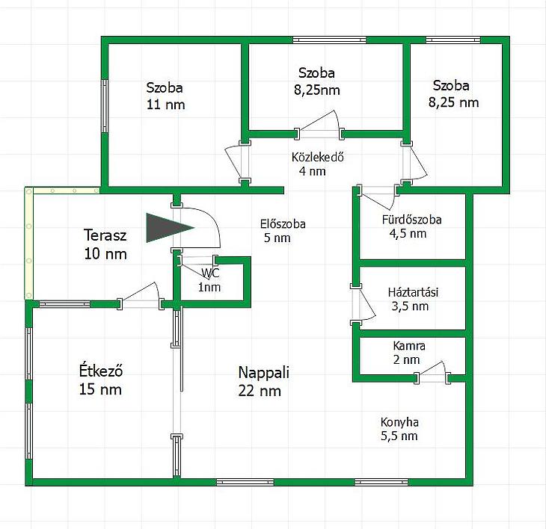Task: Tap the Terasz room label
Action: [x=105, y=235]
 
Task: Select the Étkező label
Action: [x=101, y=371]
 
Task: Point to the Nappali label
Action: [x=263, y=373]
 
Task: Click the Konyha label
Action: [x=399, y=422]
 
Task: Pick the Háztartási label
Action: [x=413, y=292]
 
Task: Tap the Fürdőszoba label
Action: [x=411, y=220]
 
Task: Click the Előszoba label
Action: [x=283, y=224]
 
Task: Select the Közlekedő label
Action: [x=318, y=157]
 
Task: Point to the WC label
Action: [x=210, y=273]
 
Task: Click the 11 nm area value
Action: [x=165, y=105]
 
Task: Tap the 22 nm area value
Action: [x=260, y=392]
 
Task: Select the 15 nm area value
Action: [x=100, y=389]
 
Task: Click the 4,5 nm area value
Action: [x=408, y=234]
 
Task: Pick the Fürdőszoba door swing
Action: [x=378, y=198]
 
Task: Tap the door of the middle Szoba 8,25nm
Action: [x=319, y=124]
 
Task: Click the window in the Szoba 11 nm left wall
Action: [x=105, y=106]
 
